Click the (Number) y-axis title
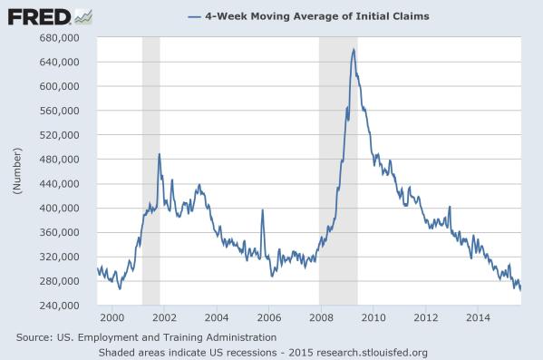pos(15,171)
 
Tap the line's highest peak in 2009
pos(353,49)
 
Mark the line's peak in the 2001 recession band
pos(159,154)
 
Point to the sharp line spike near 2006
pos(262,210)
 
